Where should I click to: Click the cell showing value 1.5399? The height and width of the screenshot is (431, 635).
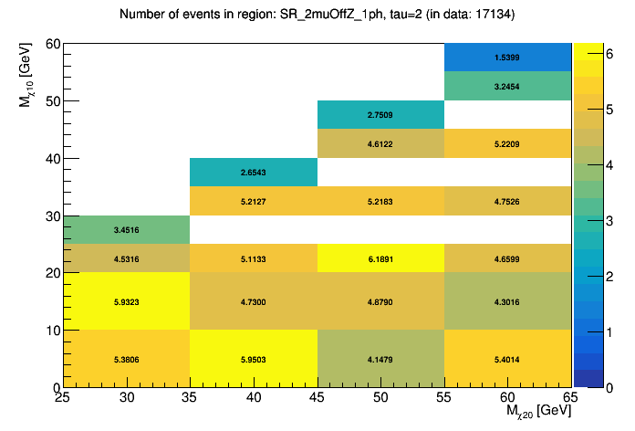pyautogui.click(x=507, y=58)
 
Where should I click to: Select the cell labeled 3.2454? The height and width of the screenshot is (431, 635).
pyautogui.click(x=507, y=86)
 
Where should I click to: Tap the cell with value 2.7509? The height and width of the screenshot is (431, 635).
pyautogui.click(x=380, y=115)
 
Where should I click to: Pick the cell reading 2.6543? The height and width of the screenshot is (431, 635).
pyautogui.click(x=254, y=173)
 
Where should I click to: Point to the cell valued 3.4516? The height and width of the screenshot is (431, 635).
pyautogui.click(x=127, y=230)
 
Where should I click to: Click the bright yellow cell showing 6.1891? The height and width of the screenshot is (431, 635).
pyautogui.click(x=380, y=258)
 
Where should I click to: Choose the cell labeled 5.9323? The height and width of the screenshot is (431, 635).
pyautogui.click(x=127, y=301)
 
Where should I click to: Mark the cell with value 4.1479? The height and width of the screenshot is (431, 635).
pyautogui.click(x=380, y=359)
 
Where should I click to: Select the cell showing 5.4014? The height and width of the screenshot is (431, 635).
pyautogui.click(x=507, y=359)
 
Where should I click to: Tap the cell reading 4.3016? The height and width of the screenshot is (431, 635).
pyautogui.click(x=507, y=301)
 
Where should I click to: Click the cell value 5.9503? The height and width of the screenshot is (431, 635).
pyautogui.click(x=254, y=359)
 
